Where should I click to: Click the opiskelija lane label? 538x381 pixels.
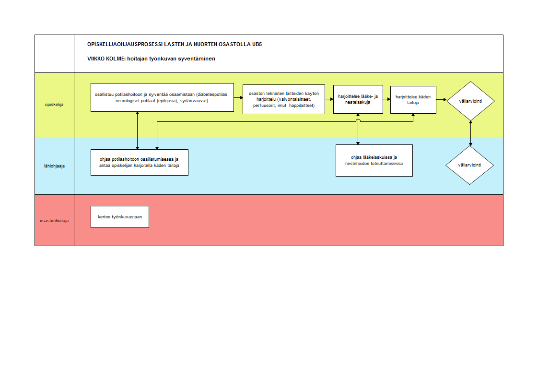[x=54, y=105]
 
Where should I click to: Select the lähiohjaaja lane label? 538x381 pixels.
[x=54, y=166]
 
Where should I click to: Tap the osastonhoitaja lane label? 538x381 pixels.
[x=54, y=221]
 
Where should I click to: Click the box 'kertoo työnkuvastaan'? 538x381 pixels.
[x=120, y=217]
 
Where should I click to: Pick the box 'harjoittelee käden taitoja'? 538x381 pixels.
[x=413, y=100]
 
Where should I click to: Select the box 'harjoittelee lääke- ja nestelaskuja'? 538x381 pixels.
[x=358, y=99]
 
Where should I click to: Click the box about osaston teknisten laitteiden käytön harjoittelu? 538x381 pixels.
[x=284, y=99]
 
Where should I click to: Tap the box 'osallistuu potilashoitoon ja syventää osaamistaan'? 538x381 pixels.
[x=162, y=97]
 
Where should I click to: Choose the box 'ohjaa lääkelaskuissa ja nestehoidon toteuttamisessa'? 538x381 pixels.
[x=374, y=161]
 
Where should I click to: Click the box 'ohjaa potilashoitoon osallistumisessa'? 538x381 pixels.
[x=140, y=162]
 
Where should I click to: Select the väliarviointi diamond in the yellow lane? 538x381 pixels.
[x=470, y=101]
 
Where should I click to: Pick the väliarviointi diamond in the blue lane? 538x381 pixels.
[x=470, y=165]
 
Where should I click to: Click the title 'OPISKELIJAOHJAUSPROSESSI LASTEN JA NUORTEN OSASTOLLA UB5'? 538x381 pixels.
[x=175, y=44]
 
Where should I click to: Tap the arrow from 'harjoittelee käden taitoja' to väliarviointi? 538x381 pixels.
[x=442, y=99]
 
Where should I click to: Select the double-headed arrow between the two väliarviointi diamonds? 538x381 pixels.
[x=470, y=133]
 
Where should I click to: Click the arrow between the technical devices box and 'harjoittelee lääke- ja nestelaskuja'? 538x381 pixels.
[x=329, y=99]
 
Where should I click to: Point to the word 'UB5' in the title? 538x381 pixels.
[x=257, y=44]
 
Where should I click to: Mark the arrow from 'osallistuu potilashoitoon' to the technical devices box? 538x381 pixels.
[x=238, y=98]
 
